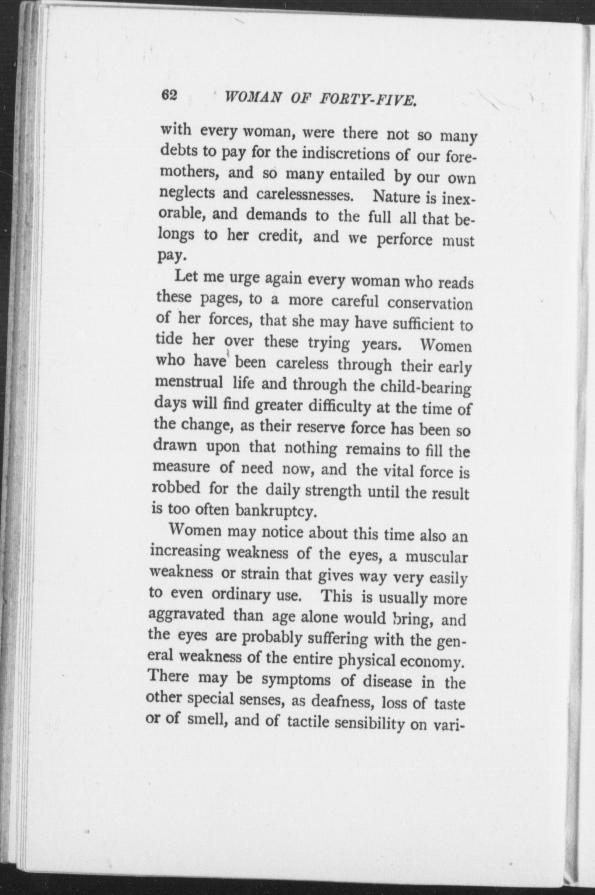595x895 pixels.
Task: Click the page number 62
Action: click(171, 95)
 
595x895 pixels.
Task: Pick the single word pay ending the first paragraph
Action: click(171, 255)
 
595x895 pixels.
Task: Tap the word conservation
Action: click(430, 303)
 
